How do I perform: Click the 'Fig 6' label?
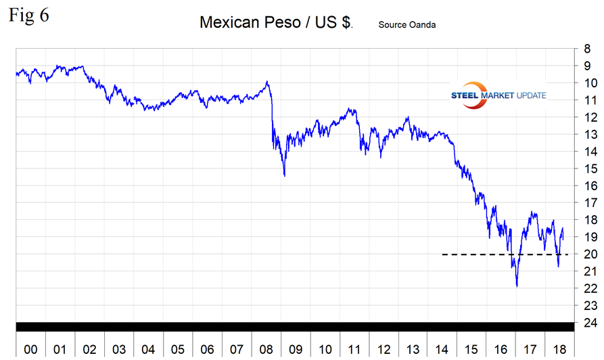pos(28,15)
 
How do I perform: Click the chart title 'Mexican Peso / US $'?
pos(275,22)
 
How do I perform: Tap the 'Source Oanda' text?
pos(407,25)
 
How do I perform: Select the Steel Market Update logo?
pos(498,95)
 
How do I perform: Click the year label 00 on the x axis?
pos(30,350)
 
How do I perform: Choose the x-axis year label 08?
pos(266,350)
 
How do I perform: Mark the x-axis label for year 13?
pos(413,350)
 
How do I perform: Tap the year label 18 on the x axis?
pos(560,350)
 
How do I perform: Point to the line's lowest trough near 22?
pos(517,286)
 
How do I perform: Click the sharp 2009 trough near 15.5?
pos(284,176)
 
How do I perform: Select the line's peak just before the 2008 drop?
pos(267,82)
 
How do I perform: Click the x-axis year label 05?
pos(177,350)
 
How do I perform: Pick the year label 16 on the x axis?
pos(501,350)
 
